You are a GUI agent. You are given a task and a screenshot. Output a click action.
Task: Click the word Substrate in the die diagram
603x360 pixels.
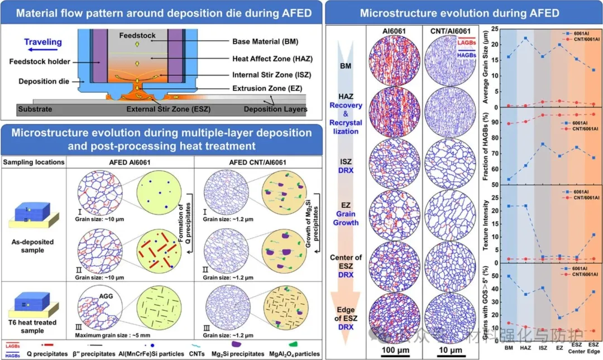35,109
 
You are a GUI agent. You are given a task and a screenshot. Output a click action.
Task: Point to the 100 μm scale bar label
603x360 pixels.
393,350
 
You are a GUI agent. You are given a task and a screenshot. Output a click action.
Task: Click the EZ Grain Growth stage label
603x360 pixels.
346,214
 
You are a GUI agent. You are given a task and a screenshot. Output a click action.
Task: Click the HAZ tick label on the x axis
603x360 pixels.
526,348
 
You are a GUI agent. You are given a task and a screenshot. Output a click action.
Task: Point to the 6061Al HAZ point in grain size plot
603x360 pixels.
526,39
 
